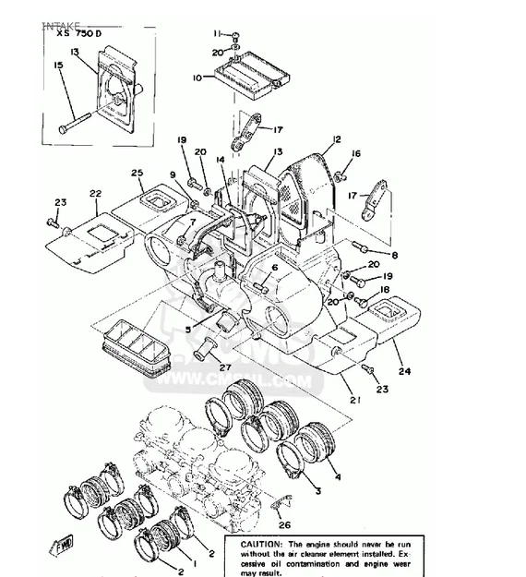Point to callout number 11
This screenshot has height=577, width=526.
(218, 34)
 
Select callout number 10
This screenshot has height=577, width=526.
(196, 78)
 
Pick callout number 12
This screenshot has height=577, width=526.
(337, 139)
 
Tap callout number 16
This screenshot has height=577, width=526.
(356, 153)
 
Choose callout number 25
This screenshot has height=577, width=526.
(137, 173)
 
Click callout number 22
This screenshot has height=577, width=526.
(94, 193)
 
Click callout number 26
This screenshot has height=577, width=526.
(283, 525)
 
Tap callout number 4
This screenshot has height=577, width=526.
(337, 477)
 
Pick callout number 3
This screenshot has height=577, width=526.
(316, 494)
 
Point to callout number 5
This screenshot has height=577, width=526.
(187, 328)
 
